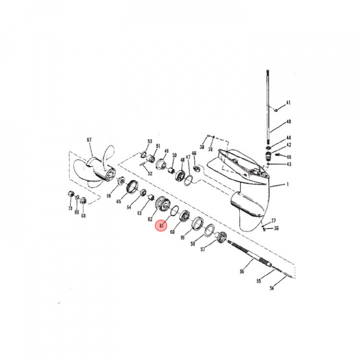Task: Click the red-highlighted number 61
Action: [x=161, y=225]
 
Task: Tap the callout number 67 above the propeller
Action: [x=89, y=140]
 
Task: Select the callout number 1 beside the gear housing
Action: [x=287, y=185]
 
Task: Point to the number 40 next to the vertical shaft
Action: [x=288, y=121]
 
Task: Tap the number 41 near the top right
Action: [x=288, y=103]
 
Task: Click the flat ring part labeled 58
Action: [x=209, y=230]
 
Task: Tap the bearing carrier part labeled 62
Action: [x=163, y=204]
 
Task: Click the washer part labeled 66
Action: [x=120, y=181]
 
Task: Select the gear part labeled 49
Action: [x=162, y=163]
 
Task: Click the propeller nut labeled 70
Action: [x=70, y=194]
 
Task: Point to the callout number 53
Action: [x=149, y=141]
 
